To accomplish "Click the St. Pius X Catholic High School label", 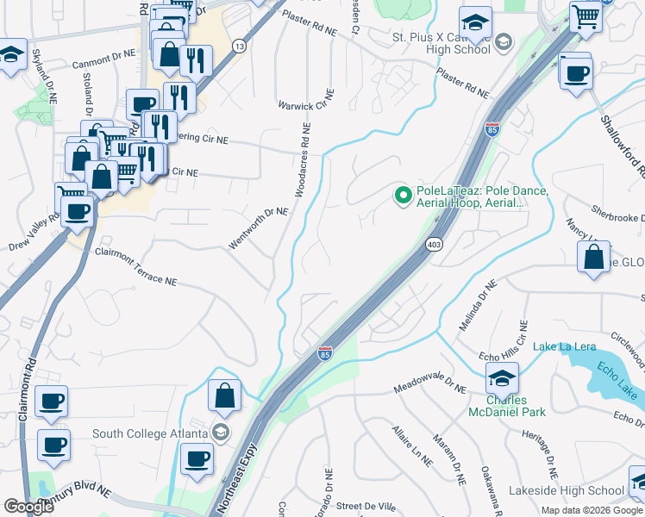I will [x=441, y=43].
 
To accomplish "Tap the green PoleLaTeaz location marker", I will [x=402, y=196].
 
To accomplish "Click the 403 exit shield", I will [x=434, y=245].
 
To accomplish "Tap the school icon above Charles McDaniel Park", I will [x=502, y=377].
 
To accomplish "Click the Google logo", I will [x=28, y=507].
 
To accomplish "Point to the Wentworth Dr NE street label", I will [x=257, y=228].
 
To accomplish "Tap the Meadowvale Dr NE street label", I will [x=429, y=389].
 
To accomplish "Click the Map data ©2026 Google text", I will [x=591, y=510].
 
